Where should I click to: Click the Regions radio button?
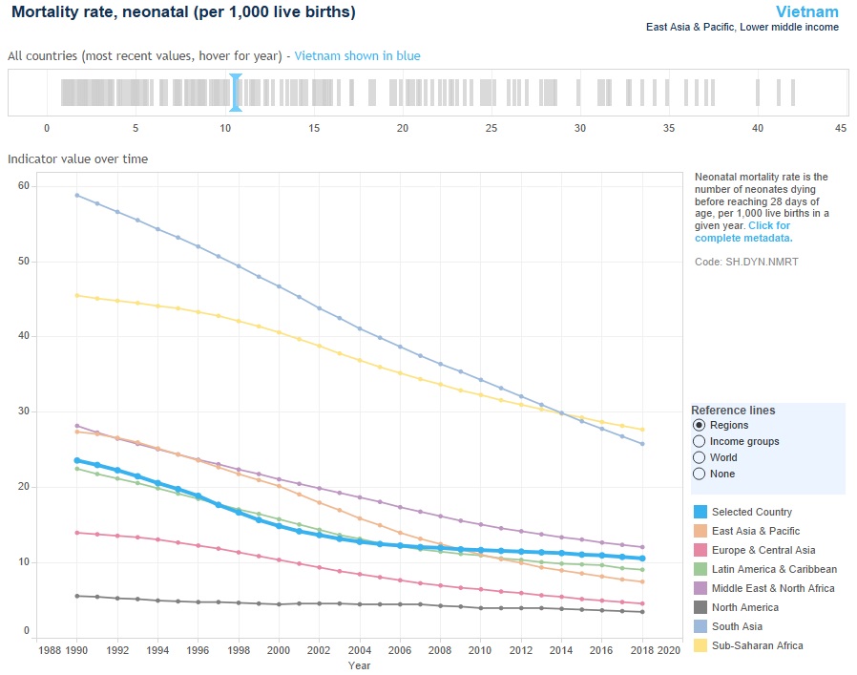700,425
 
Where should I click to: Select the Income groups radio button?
700,441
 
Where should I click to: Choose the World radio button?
700,457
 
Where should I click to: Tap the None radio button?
700,474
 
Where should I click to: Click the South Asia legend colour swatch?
700,626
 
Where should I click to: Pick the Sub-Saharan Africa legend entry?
756,645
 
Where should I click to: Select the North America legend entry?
744,607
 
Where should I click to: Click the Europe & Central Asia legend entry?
763,550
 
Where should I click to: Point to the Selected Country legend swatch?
700,512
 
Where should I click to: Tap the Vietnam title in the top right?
806,12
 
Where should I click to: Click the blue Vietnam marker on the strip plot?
235,93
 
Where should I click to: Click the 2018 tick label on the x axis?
643,650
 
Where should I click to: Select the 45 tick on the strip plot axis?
840,129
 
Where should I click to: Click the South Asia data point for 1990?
77,195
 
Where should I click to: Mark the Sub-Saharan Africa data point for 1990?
77,295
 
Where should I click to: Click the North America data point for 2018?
643,612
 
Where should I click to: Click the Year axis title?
359,664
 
